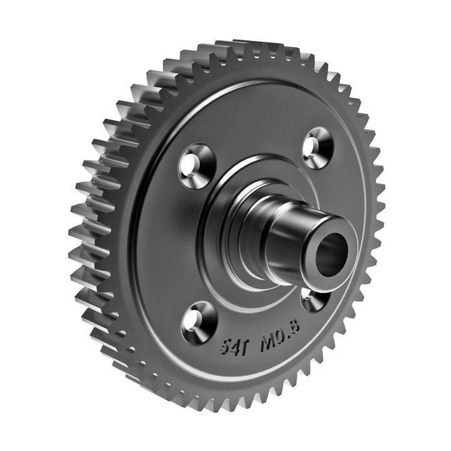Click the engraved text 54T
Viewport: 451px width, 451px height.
234,347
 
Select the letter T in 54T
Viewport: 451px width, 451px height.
243,346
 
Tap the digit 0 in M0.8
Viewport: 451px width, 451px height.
281,337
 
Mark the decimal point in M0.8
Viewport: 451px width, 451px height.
288,338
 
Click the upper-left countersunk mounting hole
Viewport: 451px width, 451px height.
197,166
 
